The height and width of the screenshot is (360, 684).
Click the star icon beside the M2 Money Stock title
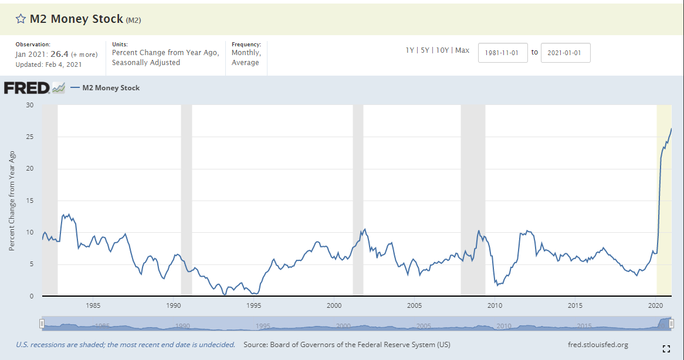[x=21, y=19]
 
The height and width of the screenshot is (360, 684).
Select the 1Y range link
[x=409, y=50]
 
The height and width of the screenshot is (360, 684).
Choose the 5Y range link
[x=425, y=50]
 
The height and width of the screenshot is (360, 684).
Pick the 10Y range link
[x=442, y=50]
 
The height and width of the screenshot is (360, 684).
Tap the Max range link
[x=462, y=50]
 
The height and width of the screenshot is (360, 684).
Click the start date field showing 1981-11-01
[x=503, y=53]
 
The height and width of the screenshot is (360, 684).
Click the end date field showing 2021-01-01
[x=566, y=53]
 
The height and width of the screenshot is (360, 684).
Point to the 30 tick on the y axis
[x=29, y=106]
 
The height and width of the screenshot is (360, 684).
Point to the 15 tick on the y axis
[x=29, y=201]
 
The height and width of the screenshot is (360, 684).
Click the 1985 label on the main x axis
[x=93, y=305]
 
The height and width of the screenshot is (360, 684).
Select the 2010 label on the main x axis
[x=495, y=305]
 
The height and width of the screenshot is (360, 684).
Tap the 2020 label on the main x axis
[x=655, y=305]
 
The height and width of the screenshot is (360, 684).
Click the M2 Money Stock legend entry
[x=111, y=88]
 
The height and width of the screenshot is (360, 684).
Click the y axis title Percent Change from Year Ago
[x=12, y=201]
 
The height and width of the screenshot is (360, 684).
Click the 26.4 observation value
[x=60, y=55]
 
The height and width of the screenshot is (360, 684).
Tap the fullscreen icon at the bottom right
[x=666, y=349]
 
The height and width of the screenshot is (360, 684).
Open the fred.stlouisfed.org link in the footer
[x=598, y=345]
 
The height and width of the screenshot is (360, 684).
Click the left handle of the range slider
[x=42, y=324]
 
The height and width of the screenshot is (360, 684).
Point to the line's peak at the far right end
[x=671, y=129]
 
